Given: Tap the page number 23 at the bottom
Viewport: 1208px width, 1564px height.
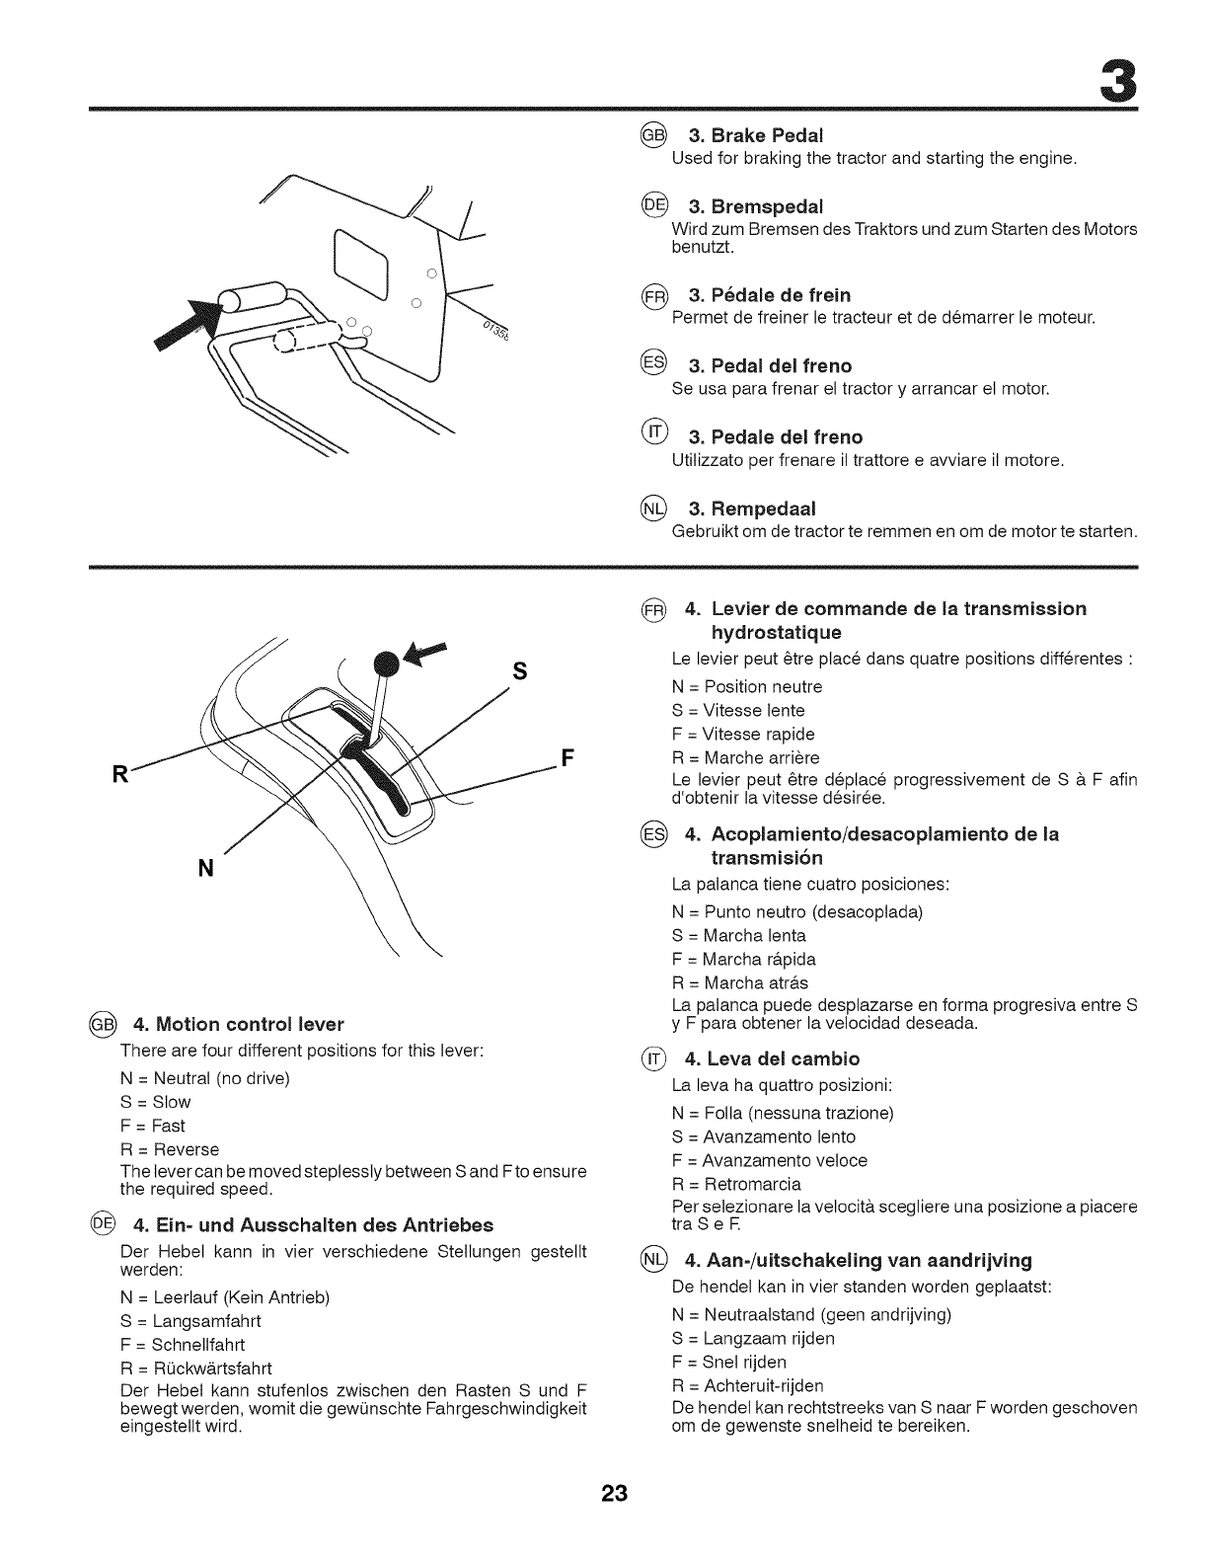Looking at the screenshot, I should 604,1494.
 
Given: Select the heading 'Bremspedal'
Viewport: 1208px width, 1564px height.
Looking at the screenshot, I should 755,205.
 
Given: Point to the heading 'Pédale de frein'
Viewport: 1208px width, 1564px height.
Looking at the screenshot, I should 770,294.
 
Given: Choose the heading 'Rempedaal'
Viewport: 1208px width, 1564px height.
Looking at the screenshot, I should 752,508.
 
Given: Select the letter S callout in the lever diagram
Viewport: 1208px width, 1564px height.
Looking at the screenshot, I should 519,671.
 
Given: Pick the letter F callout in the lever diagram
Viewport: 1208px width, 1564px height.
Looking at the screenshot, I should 566,759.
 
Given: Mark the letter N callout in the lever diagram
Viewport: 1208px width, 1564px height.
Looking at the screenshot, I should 206,868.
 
